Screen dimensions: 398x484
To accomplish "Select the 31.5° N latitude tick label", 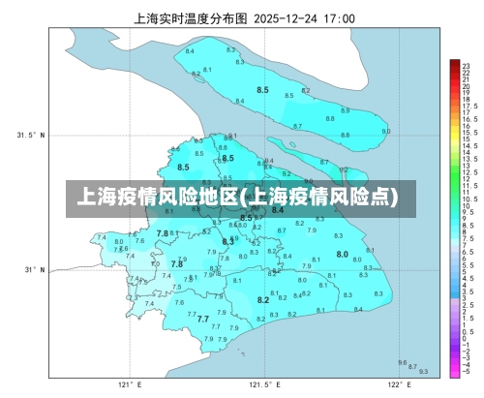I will (x=30, y=136).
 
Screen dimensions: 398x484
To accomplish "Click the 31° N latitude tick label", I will (x=32, y=270).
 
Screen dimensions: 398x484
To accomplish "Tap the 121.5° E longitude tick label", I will (x=262, y=384).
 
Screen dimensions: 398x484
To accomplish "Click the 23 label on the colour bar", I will (x=466, y=63).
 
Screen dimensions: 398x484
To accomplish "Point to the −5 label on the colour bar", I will (x=467, y=372).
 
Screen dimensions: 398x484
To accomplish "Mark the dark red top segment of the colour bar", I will (x=453, y=64).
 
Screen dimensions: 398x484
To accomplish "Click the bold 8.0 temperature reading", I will (x=342, y=254).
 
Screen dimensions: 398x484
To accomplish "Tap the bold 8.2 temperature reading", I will (x=262, y=300).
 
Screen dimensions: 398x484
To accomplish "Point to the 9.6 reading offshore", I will (x=402, y=362).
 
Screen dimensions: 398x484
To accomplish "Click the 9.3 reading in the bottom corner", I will (x=423, y=371).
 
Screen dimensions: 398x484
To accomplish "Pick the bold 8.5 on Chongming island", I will (x=262, y=89).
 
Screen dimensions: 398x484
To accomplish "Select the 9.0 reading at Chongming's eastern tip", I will (x=386, y=131).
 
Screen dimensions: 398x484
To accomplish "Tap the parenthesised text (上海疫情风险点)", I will (x=318, y=198).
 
